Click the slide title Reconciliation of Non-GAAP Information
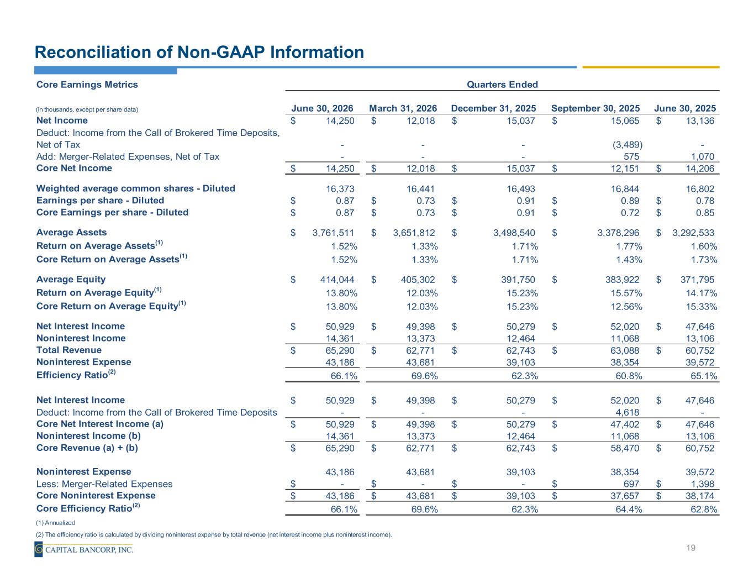[x=199, y=52]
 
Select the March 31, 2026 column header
[x=403, y=108]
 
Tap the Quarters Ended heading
[x=502, y=85]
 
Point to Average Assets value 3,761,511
[x=333, y=233]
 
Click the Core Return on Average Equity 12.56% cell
[x=626, y=307]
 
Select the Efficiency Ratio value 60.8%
[x=629, y=376]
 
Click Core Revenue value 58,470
[x=625, y=448]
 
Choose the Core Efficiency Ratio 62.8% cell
[x=704, y=509]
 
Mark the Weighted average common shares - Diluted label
[x=136, y=188]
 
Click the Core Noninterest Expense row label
[x=96, y=495]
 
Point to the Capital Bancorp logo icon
[x=39, y=549]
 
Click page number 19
[x=690, y=548]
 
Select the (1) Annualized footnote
[x=56, y=523]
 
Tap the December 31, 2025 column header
[x=493, y=108]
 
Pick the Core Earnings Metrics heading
[x=87, y=85]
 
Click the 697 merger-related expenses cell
[x=631, y=484]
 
